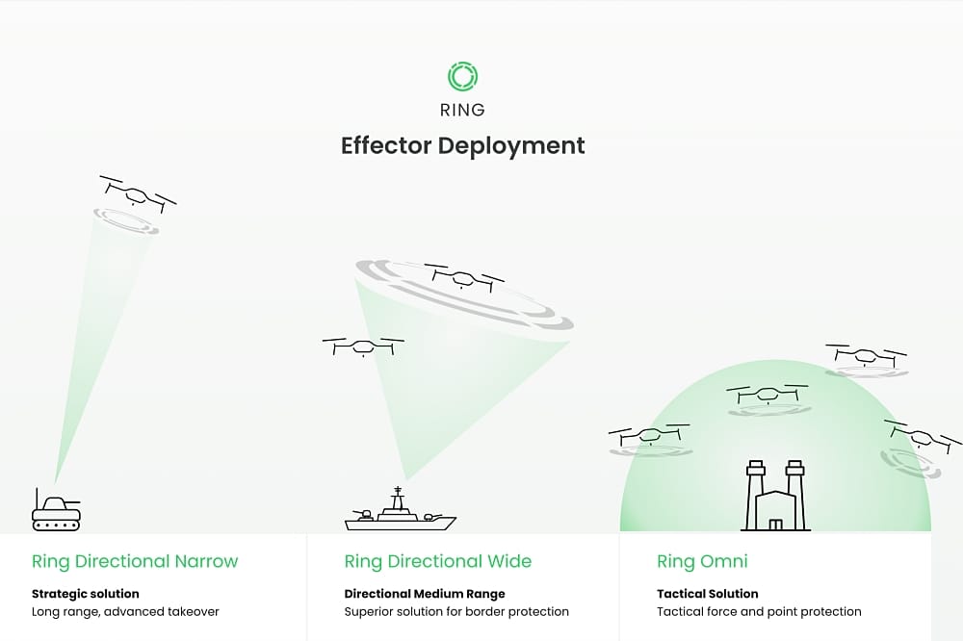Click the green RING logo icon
462,76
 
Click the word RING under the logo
462,109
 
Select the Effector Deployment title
462,145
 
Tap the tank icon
56,510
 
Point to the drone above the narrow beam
138,194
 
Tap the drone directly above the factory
768,394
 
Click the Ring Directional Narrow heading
135,561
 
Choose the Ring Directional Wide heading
437,561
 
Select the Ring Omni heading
702,561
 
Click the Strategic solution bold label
86,594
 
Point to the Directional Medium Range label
424,594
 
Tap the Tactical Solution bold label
708,594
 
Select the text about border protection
456,611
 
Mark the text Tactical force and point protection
759,611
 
